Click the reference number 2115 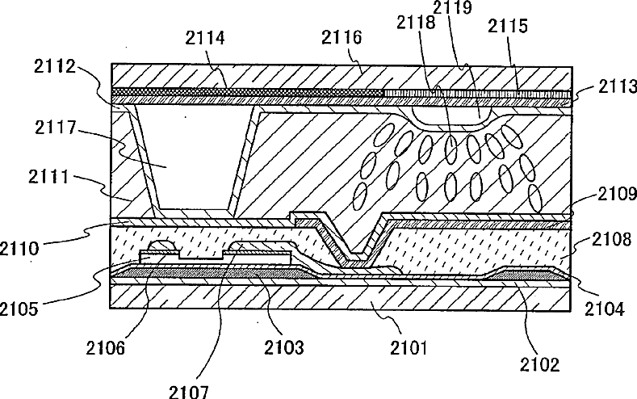click(x=509, y=27)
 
